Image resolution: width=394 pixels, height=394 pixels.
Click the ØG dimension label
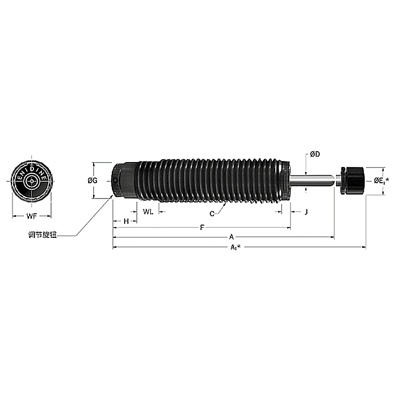(x=92, y=181)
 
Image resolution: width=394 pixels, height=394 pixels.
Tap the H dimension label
(x=126, y=221)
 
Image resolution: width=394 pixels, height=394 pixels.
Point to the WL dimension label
(x=148, y=211)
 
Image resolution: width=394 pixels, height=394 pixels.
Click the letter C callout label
(x=212, y=213)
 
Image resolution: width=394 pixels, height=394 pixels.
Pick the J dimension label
(x=306, y=212)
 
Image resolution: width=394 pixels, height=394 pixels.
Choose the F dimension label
(x=201, y=228)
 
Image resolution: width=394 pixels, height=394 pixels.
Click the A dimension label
(x=230, y=237)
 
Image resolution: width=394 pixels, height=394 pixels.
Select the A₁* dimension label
(x=235, y=247)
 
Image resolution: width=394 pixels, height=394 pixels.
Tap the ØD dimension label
(x=315, y=155)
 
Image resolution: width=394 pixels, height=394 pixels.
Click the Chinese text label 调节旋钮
(x=43, y=235)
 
